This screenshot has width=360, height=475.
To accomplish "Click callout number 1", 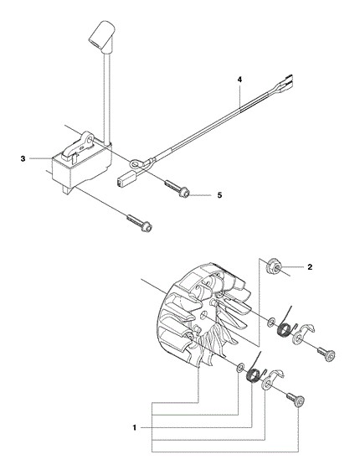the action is [x=135, y=428].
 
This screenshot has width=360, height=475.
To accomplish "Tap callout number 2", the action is [x=310, y=267].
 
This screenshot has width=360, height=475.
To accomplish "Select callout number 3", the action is [x=23, y=158].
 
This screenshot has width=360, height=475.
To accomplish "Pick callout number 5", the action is [x=220, y=195].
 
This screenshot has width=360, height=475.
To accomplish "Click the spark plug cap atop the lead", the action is [x=102, y=33].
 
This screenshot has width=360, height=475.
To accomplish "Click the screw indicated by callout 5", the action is [x=177, y=188].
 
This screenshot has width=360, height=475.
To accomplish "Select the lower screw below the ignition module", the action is [x=139, y=223].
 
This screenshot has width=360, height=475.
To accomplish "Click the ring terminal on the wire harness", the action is [x=136, y=164].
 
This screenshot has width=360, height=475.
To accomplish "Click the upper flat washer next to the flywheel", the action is [x=270, y=322].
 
